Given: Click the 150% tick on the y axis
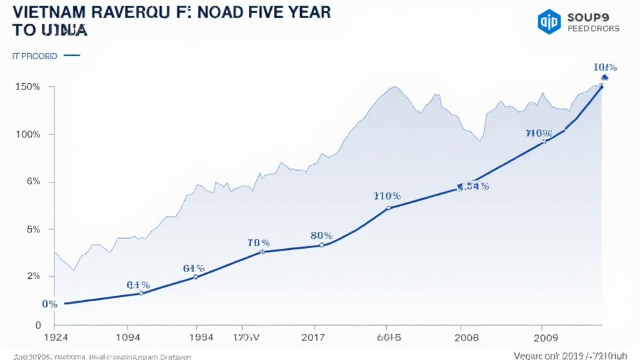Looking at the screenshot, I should click(27, 87).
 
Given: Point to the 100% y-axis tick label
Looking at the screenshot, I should click(27, 134).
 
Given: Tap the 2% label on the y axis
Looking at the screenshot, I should click(32, 276).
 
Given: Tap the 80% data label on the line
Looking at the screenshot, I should click(321, 236).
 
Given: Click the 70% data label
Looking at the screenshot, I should click(258, 242).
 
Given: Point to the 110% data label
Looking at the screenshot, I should click(387, 196).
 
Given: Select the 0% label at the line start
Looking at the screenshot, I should click(50, 304).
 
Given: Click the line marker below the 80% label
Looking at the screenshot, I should click(321, 245).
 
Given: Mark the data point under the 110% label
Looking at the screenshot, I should click(388, 208).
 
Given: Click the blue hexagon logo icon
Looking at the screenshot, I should click(549, 21).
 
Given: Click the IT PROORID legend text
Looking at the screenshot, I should click(34, 56).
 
